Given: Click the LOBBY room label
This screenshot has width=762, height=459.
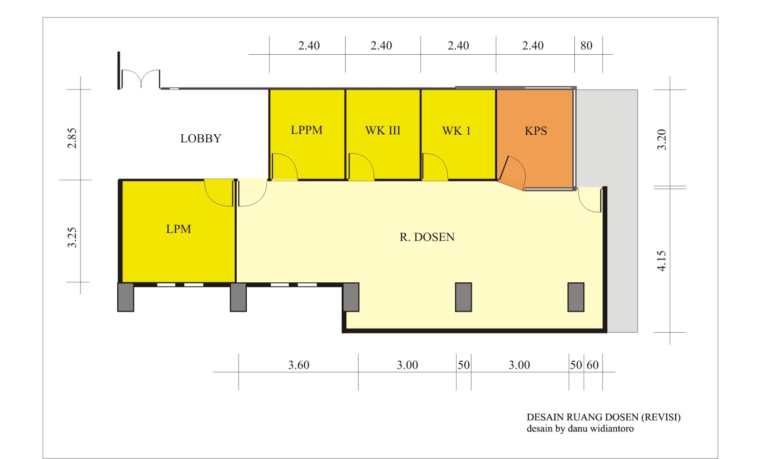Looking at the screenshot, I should tap(201, 139).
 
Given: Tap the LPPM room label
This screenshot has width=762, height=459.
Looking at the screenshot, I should tap(307, 130).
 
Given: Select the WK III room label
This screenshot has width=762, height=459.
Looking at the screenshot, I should tap(383, 130).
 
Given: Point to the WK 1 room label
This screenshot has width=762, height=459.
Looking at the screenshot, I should tap(456, 131).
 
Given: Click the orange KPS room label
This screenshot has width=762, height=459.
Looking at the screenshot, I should tap(536, 131).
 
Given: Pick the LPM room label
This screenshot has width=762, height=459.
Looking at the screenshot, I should tap(179, 229).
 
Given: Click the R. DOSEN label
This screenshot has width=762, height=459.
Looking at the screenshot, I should tap(427, 237).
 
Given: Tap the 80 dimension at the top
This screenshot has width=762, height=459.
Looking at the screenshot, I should tap(586, 46).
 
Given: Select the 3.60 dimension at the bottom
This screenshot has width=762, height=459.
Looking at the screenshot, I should tap(299, 365).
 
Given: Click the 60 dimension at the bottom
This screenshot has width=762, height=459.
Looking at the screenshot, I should tap(592, 365).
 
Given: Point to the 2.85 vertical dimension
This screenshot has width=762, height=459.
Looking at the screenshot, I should tap(72, 138).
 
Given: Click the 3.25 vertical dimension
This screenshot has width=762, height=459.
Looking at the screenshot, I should tap(72, 237).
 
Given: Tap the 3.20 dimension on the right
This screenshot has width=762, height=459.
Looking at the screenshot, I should tap(662, 140).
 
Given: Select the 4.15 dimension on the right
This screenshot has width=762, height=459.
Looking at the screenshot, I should tap(662, 261).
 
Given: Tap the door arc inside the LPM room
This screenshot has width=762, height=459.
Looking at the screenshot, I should tap(219, 193).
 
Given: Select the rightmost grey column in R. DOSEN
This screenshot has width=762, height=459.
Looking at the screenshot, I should tap(576, 297).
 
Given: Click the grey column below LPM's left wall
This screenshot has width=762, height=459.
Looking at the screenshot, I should tap(126, 297).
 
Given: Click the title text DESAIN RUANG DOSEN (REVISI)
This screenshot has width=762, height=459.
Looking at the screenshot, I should tap(603, 417).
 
